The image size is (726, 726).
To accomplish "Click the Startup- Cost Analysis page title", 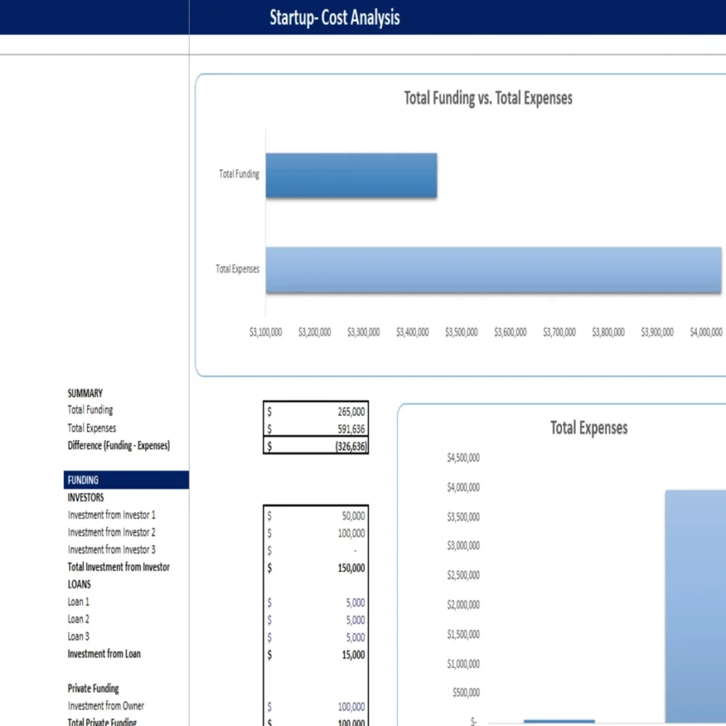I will tap(334, 17).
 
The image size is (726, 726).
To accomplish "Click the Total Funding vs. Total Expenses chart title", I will tap(488, 98).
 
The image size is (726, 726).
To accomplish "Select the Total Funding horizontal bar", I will tap(351, 176).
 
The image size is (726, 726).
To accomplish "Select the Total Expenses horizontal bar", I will tap(493, 269).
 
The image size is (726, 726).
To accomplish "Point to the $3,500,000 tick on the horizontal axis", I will tap(461, 332).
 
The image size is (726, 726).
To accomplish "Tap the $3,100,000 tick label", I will tap(266, 332).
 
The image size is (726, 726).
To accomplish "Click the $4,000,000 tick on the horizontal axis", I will tap(706, 332).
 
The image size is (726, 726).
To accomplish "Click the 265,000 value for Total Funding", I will tap(352, 411).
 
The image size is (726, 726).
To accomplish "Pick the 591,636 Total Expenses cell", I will tap(352, 429).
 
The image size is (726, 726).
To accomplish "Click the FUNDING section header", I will tap(83, 480).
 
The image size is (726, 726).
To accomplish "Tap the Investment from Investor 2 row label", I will tap(111, 532).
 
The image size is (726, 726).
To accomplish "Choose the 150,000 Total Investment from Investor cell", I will tap(351, 568).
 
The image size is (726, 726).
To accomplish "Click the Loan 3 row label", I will tap(79, 636).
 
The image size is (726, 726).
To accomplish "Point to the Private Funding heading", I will tap(93, 688).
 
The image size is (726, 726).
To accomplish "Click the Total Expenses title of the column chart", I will tap(588, 428).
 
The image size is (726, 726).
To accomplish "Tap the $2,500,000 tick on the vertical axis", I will tap(463, 576).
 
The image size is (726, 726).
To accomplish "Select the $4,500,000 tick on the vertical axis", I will tap(463, 459).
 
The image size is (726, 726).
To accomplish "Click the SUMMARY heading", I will tap(85, 394).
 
